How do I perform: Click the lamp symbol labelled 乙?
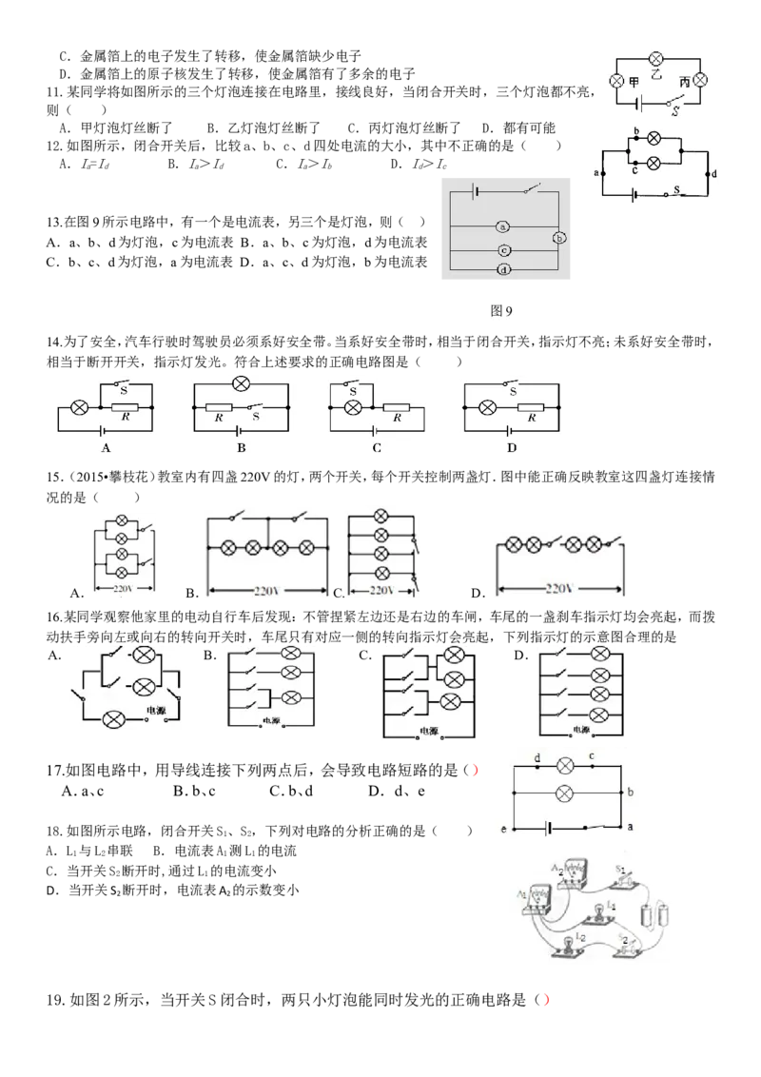(656, 59)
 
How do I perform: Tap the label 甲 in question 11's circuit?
(634, 82)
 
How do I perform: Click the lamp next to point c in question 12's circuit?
(654, 164)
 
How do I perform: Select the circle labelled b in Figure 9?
(559, 239)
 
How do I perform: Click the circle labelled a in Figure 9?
(503, 226)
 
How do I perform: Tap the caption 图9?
(501, 311)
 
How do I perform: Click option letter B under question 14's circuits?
(241, 448)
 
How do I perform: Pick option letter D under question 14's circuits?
(512, 448)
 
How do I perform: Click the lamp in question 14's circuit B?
(241, 384)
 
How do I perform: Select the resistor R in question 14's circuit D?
(531, 407)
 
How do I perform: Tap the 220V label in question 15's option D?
(559, 588)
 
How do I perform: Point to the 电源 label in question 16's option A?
(157, 710)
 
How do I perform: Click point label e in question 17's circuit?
(503, 829)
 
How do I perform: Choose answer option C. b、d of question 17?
(291, 792)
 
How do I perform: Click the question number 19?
(55, 1000)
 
